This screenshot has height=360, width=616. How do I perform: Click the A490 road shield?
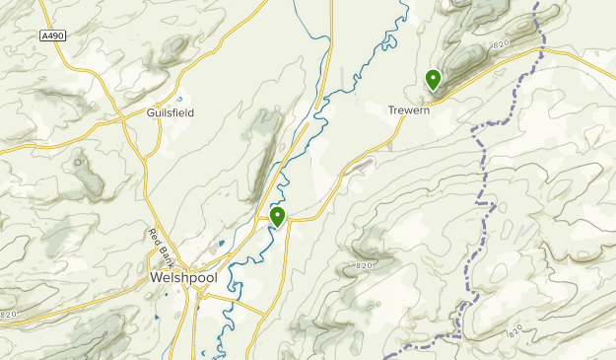55,36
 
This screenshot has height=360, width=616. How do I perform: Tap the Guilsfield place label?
171,113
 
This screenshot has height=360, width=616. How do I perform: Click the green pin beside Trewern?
433,79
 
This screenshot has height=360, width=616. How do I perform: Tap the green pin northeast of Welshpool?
278,216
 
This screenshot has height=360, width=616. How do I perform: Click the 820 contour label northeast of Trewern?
501,45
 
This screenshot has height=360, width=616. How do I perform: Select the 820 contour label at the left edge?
9,314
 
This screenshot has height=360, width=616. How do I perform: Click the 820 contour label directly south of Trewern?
363,265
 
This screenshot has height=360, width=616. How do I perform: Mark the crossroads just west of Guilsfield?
126,114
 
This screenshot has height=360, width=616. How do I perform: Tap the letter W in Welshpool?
157,278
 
